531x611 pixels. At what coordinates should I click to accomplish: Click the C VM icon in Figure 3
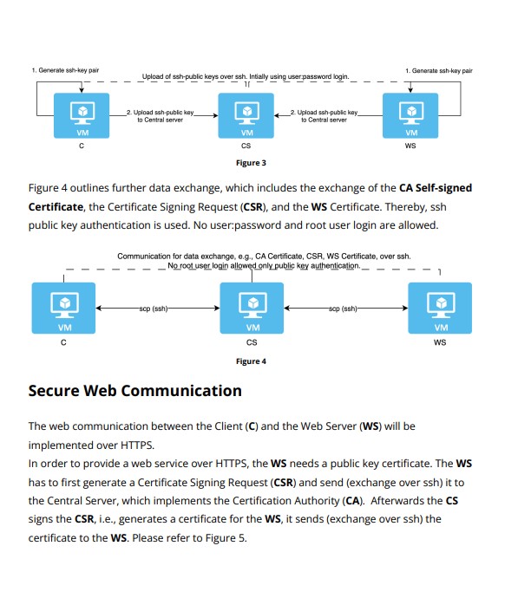click(81, 116)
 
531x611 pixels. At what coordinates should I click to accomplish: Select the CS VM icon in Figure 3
click(246, 116)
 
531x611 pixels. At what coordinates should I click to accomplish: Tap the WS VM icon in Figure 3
click(410, 116)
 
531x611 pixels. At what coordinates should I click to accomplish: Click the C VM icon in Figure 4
click(64, 309)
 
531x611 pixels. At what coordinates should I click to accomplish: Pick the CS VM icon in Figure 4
click(252, 309)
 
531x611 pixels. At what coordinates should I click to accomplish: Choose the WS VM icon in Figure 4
click(441, 309)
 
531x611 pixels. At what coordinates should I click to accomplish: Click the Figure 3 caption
click(251, 162)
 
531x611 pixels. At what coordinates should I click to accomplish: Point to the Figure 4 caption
click(251, 361)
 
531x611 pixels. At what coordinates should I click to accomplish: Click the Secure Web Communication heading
click(135, 391)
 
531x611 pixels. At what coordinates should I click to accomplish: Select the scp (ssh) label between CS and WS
click(344, 308)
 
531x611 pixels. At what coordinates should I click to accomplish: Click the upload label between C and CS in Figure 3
click(160, 116)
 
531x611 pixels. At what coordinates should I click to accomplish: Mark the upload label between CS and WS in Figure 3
click(324, 116)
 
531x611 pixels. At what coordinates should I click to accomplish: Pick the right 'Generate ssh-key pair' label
click(438, 69)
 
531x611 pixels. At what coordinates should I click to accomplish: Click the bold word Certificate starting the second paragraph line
click(56, 207)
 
